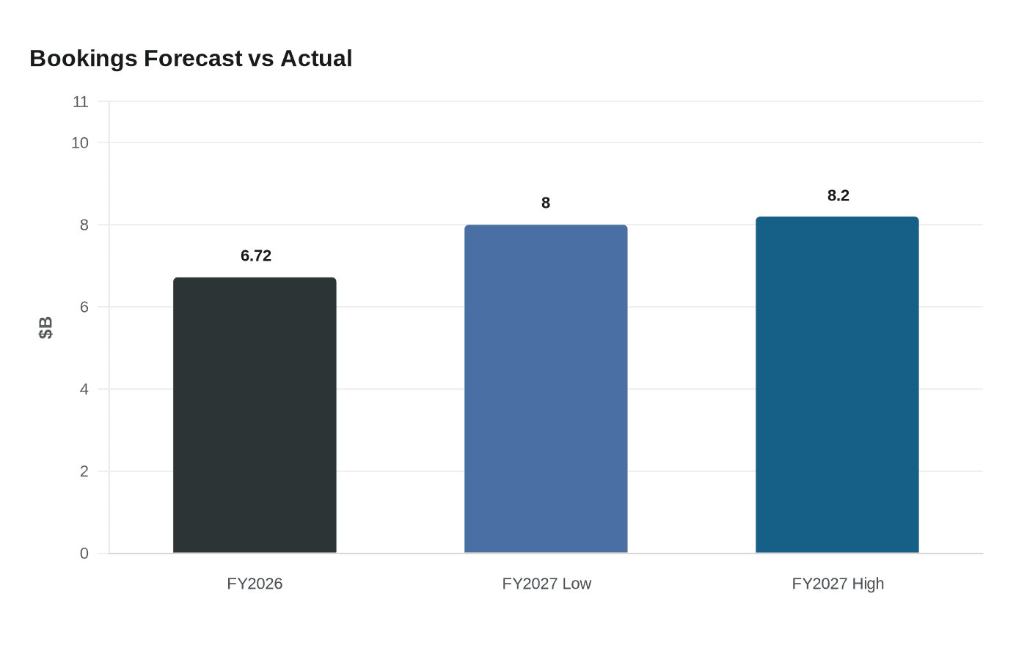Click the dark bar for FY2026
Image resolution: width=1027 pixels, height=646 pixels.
[255, 415]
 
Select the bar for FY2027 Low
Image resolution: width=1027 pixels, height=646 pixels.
[546, 389]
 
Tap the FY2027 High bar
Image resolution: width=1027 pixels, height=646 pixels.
[837, 385]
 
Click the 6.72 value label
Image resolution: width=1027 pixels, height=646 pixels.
[256, 255]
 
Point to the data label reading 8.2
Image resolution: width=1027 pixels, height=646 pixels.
[838, 195]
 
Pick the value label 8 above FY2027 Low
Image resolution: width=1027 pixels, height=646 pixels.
[546, 203]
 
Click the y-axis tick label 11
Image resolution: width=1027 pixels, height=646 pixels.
[81, 101]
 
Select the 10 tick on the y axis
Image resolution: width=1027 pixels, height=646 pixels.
[80, 142]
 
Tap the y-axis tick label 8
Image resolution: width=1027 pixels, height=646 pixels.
[84, 225]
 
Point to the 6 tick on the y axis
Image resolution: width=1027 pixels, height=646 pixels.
[84, 307]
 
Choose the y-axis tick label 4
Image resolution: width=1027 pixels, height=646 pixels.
[84, 389]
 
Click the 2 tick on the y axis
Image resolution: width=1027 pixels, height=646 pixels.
[84, 471]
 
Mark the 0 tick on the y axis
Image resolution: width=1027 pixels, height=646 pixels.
[84, 554]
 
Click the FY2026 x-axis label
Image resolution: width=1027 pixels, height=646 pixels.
[255, 584]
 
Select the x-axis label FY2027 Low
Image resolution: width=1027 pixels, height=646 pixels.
[547, 584]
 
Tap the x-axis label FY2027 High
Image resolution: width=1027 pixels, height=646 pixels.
[838, 584]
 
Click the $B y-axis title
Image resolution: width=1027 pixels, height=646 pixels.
[45, 327]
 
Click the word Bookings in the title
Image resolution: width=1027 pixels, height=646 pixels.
[84, 59]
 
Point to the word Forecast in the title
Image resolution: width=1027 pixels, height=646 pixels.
[193, 58]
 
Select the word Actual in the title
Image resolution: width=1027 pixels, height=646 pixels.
[316, 58]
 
